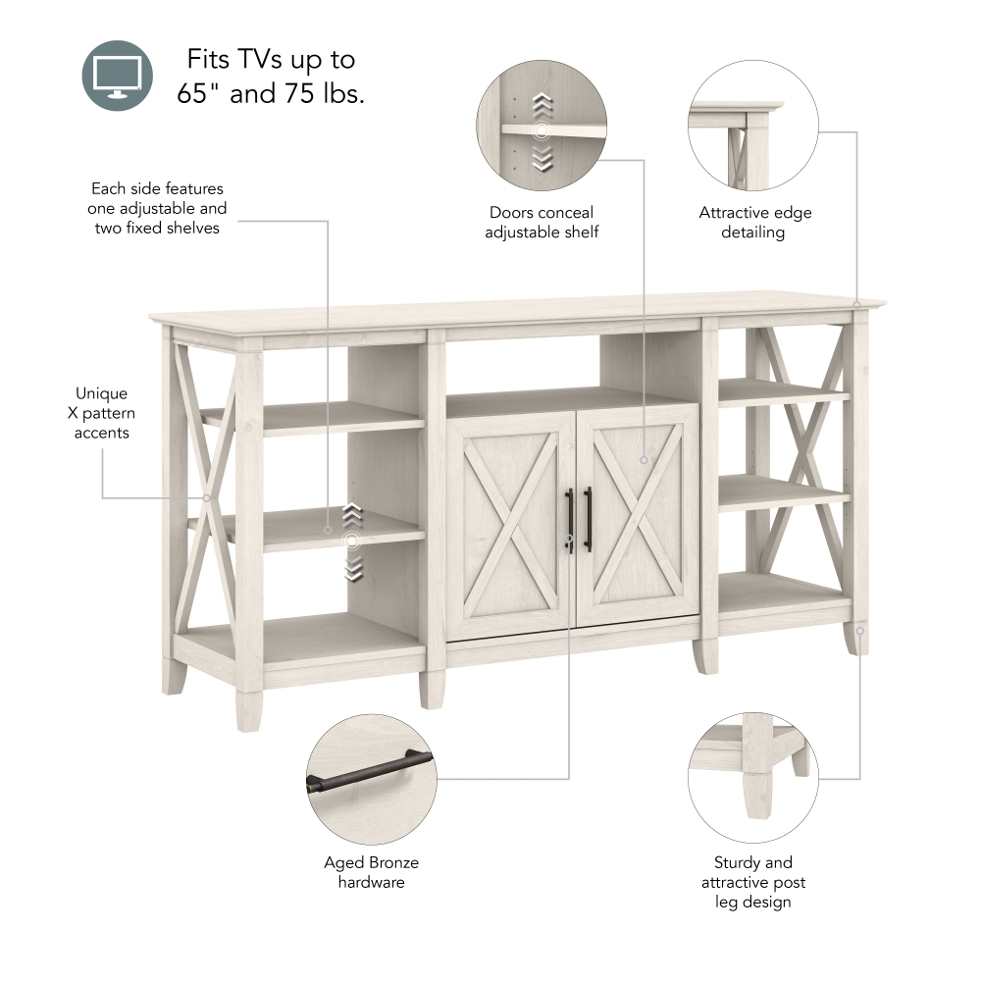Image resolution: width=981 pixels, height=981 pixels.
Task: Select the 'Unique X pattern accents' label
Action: pyautogui.click(x=101, y=413)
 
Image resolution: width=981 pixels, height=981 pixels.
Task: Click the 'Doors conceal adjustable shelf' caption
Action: pyautogui.click(x=542, y=222)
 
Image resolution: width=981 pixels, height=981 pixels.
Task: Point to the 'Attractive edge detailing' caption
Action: pyautogui.click(x=754, y=222)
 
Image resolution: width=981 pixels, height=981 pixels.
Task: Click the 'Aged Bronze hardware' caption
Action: pyautogui.click(x=371, y=872)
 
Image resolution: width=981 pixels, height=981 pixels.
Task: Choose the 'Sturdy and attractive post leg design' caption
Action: pyautogui.click(x=753, y=882)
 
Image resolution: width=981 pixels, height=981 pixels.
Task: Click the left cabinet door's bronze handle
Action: pyautogui.click(x=569, y=520)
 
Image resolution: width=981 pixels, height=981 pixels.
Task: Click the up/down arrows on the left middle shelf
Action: pyautogui.click(x=352, y=541)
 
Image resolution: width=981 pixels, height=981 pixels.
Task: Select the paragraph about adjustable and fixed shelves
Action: pyautogui.click(x=158, y=207)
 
